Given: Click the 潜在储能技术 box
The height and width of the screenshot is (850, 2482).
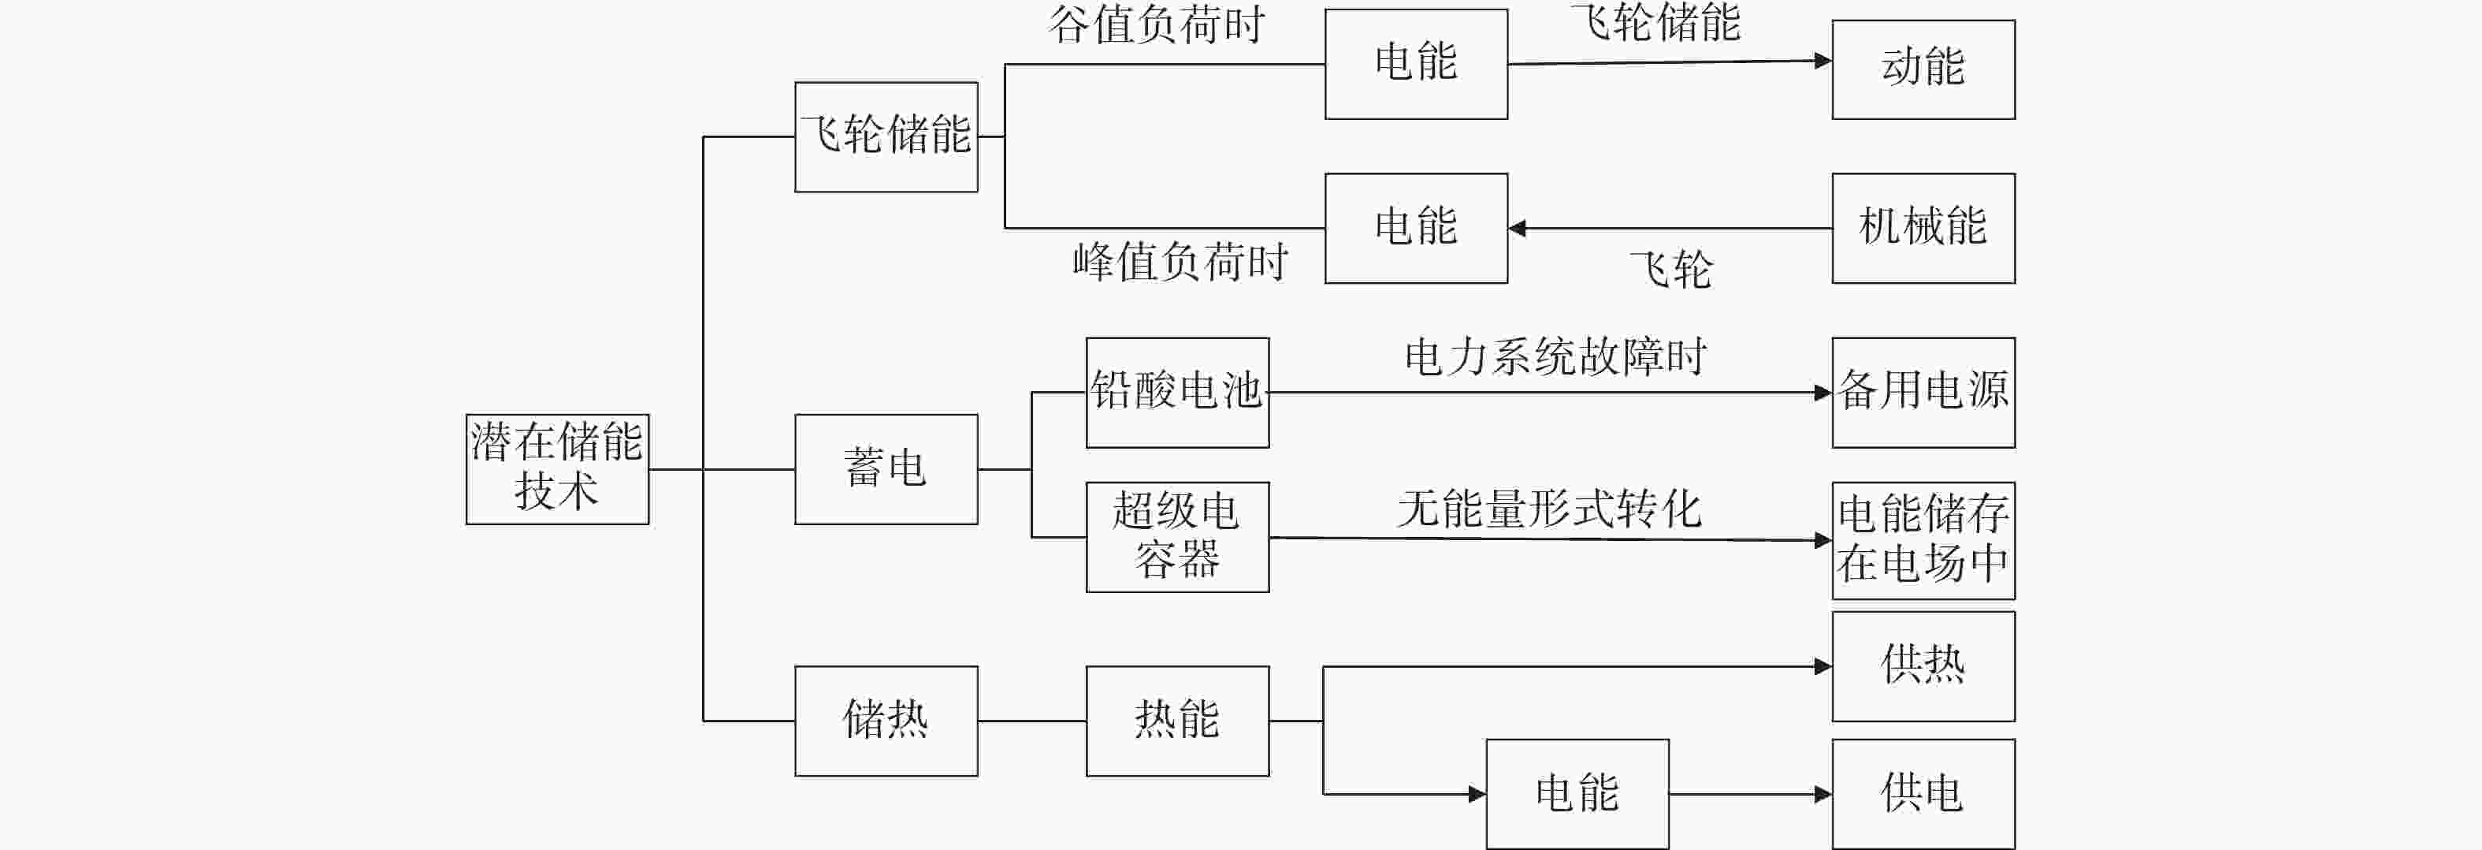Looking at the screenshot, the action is pos(557,469).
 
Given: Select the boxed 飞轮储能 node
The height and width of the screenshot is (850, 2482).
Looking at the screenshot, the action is pos(886,137).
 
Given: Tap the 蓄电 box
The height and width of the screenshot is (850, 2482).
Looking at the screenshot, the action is pos(886,469).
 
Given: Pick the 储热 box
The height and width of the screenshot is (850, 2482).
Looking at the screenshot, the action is pos(886,721).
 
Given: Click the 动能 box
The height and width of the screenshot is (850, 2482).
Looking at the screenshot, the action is pos(1923,69).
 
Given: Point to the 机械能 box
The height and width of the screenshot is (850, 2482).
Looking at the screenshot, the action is pos(1923,229).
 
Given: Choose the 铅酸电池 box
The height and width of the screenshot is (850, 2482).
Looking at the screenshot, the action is pos(1177,392).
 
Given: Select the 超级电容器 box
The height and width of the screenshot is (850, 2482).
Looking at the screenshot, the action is pos(1177,537).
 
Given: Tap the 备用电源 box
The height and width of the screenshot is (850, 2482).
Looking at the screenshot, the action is pos(1923,392).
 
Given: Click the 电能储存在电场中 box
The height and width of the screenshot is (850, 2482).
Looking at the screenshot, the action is pos(1923,541).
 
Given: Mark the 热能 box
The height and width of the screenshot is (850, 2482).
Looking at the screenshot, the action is pos(1177,721).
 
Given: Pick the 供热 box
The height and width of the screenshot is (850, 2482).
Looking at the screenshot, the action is pos(1923,666).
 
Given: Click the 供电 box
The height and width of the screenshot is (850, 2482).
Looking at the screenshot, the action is pos(1923,794).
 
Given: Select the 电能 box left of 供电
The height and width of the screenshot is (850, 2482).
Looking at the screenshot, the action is pos(1577,794).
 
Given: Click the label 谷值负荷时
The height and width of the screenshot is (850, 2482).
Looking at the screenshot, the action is pos(1156,24).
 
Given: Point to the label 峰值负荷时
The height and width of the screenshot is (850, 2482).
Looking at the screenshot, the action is pos(1180,261).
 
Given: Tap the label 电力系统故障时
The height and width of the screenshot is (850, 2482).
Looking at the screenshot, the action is pos(1555,356).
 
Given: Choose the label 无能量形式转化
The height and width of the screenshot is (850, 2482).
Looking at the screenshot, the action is pos(1549,508).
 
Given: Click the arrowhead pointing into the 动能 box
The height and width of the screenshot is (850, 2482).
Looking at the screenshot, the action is pos(1823,61).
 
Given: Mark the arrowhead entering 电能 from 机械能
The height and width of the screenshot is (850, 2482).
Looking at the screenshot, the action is pos(1517,229).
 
